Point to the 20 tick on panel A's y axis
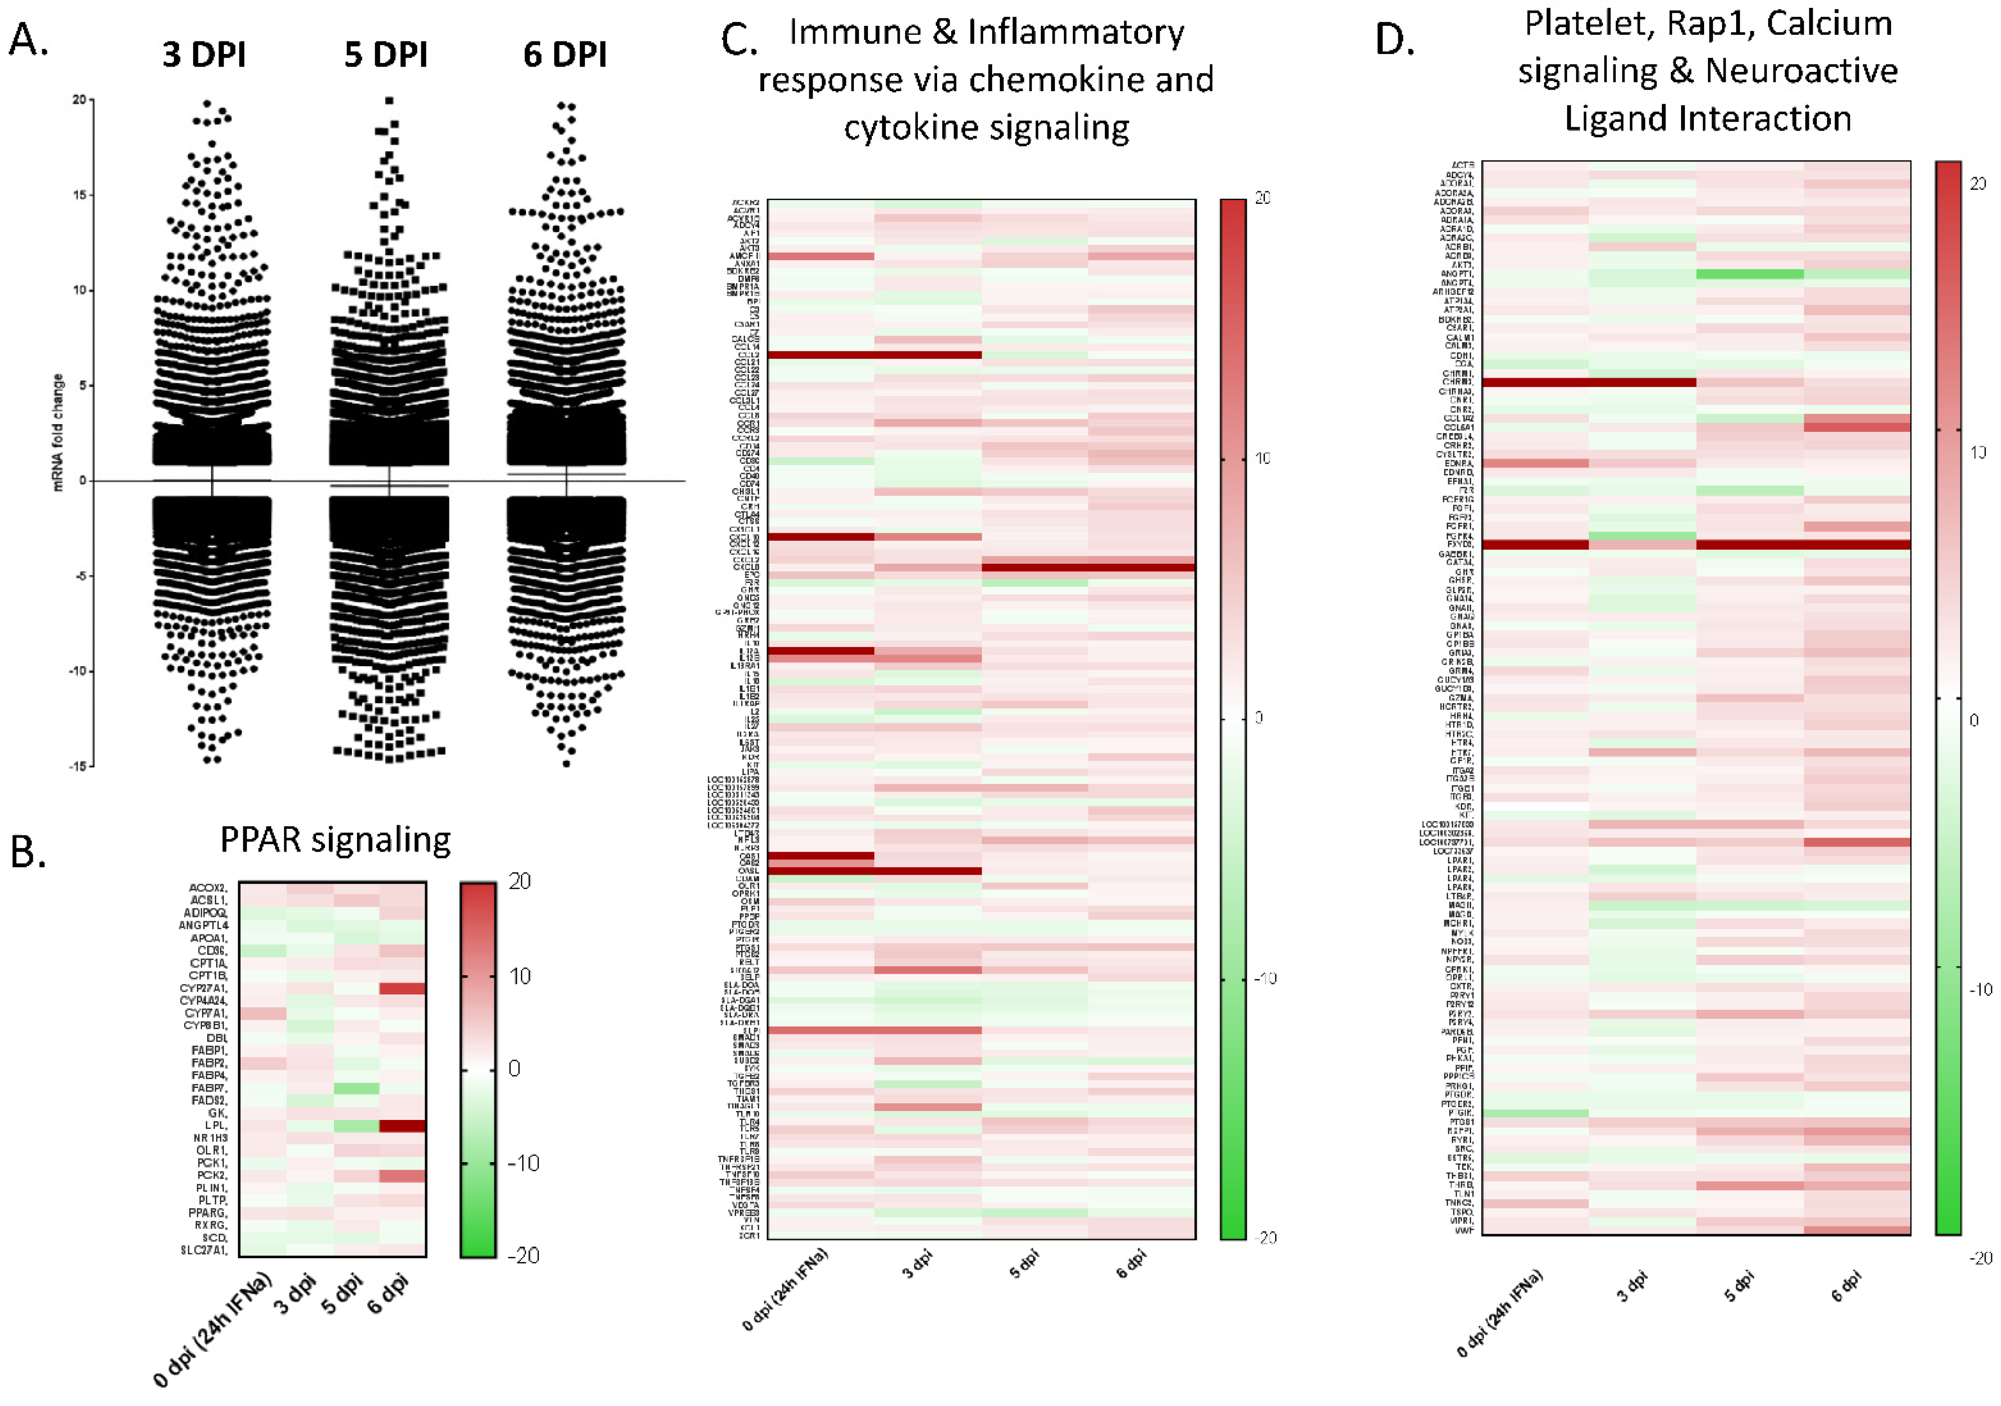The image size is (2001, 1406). point(79,100)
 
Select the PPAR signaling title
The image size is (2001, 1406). point(335,839)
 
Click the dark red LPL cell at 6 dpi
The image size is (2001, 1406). point(403,1126)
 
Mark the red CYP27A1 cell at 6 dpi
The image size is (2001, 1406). point(403,988)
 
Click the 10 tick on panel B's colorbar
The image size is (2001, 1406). point(520,976)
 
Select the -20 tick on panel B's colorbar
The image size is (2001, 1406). point(523,1255)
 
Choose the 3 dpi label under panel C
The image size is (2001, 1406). point(917,1264)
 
